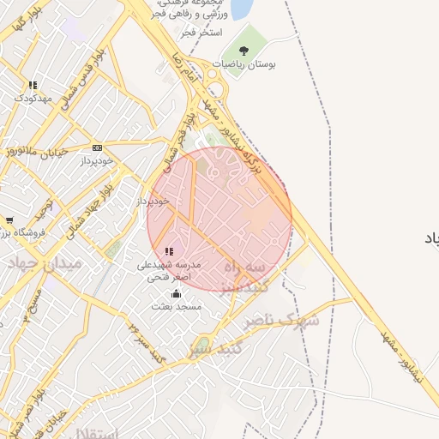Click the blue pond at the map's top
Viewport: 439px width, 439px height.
pyautogui.click(x=241, y=9)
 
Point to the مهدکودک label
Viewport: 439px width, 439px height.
pyautogui.click(x=33, y=98)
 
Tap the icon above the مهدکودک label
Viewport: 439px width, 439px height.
pyautogui.click(x=33, y=85)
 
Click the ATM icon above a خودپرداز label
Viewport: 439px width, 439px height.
pyautogui.click(x=97, y=147)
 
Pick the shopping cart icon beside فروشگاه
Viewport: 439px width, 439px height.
pyautogui.click(x=9, y=220)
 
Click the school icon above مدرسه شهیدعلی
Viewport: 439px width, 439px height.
pyautogui.click(x=169, y=251)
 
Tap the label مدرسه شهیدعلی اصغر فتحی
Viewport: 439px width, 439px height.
pyautogui.click(x=169, y=271)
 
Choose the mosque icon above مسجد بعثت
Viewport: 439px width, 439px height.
pyautogui.click(x=176, y=293)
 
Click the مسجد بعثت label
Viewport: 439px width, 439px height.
pyautogui.click(x=176, y=306)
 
